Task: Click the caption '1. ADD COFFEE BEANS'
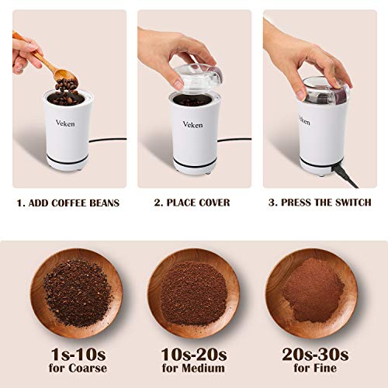point(68,203)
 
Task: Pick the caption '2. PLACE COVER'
point(192,203)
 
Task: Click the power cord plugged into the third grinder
point(346,175)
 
